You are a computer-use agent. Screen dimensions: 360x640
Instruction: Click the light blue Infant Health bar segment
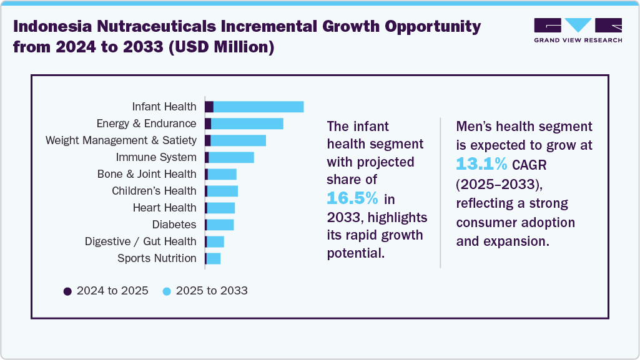[x=258, y=107]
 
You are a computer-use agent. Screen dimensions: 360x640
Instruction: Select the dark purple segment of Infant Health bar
[x=209, y=107]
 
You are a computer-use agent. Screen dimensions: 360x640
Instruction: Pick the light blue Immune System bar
[x=231, y=157]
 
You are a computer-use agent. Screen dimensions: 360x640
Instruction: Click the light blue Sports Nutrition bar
[x=214, y=258]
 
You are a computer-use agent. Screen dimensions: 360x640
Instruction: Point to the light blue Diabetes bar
[x=220, y=225]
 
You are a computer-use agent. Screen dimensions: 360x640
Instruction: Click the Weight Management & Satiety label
[x=121, y=140]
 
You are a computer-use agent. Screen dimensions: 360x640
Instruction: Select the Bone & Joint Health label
[x=147, y=174]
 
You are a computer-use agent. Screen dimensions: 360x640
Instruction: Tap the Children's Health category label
[x=154, y=191]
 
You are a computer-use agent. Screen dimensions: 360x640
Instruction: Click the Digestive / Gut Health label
[x=140, y=241]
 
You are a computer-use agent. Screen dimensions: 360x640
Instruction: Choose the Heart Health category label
[x=164, y=208]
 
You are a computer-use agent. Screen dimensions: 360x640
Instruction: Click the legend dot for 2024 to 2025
[x=67, y=291]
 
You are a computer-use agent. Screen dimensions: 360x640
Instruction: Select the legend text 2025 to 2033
[x=212, y=291]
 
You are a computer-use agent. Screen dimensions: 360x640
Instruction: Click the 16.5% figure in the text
[x=353, y=198]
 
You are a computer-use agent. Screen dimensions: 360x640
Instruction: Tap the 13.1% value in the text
[x=481, y=164]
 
